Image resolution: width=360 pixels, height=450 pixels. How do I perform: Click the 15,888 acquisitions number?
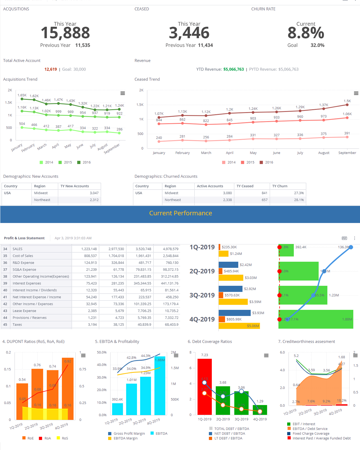65,33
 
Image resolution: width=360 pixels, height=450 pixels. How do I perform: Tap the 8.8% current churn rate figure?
306,33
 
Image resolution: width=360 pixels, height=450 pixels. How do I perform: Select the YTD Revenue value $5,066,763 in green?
233,69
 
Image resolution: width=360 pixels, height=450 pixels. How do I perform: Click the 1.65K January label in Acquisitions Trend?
22,95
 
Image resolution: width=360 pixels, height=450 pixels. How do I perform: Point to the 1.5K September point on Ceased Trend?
347,105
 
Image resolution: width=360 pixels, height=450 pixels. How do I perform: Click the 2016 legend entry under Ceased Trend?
266,162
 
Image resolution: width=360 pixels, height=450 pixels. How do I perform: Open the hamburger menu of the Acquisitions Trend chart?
123,93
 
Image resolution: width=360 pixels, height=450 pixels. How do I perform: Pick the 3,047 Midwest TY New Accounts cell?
94,193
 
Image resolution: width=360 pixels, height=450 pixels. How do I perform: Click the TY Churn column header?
280,186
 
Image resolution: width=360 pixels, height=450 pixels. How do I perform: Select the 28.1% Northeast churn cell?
299,200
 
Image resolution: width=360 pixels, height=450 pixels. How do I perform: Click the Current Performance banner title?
181,213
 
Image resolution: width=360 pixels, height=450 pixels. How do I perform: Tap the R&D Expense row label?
23,263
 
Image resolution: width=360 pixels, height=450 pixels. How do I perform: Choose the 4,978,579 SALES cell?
170,249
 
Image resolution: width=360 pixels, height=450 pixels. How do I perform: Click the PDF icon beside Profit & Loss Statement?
344,238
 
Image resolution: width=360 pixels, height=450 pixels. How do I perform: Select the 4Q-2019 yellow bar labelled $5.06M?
239,326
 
